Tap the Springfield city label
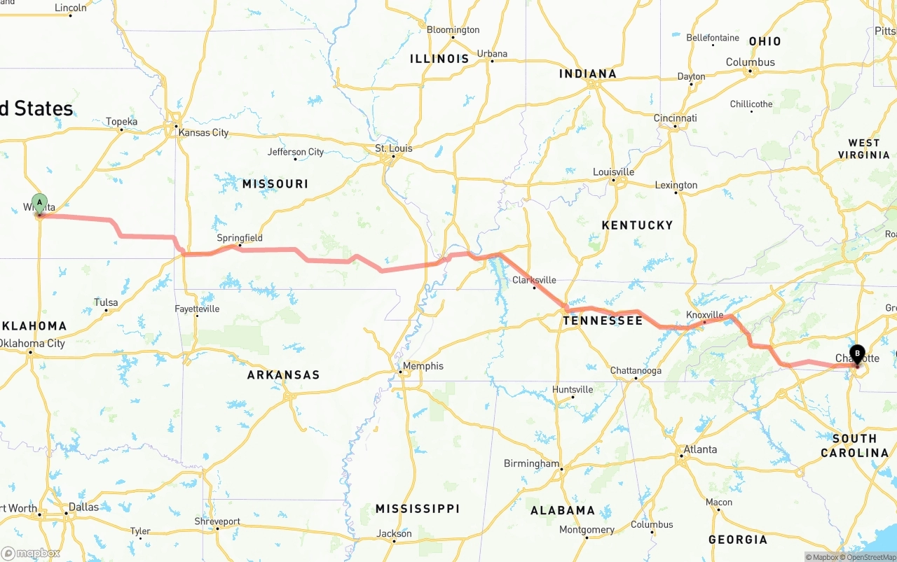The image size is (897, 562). (240, 238)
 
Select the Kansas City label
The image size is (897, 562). (203, 132)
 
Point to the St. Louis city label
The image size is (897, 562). (394, 148)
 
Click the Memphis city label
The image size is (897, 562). (423, 366)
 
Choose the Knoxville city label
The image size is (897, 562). (704, 315)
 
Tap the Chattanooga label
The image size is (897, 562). (636, 370)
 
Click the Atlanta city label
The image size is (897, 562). (700, 449)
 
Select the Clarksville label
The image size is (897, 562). (534, 280)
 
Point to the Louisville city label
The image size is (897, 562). (613, 172)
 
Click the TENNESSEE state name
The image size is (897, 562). (603, 321)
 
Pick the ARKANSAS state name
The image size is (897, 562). (283, 375)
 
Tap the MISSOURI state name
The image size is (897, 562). (275, 184)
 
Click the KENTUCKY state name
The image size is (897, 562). (637, 225)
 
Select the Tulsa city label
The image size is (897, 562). (106, 303)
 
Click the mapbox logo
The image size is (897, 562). (30, 553)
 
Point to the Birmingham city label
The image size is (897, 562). (531, 463)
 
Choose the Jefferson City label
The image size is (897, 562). (296, 152)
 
